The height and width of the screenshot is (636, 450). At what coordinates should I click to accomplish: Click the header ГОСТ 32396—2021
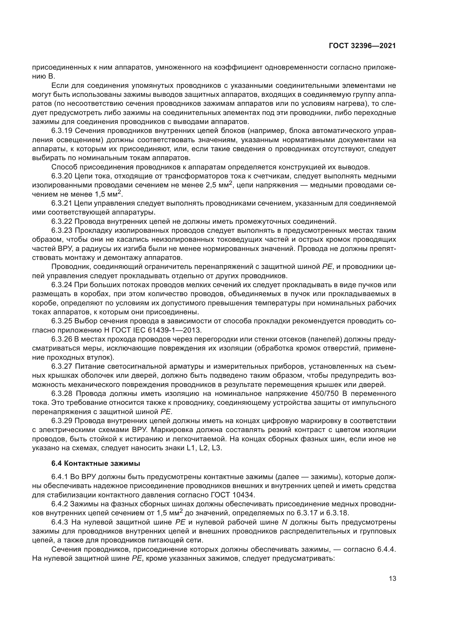[x=362, y=46]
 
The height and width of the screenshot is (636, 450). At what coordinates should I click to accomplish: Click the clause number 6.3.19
[x=62, y=131]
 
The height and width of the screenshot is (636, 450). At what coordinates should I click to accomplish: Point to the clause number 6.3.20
[x=62, y=176]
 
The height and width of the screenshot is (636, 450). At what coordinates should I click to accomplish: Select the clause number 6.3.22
[x=62, y=222]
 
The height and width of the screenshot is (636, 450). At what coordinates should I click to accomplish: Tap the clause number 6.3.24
[x=62, y=285]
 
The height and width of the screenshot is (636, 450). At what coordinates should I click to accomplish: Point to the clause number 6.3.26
[x=62, y=339]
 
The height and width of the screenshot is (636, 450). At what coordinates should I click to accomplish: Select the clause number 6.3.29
[x=62, y=421]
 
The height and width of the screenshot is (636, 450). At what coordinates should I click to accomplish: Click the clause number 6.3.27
[x=62, y=367]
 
